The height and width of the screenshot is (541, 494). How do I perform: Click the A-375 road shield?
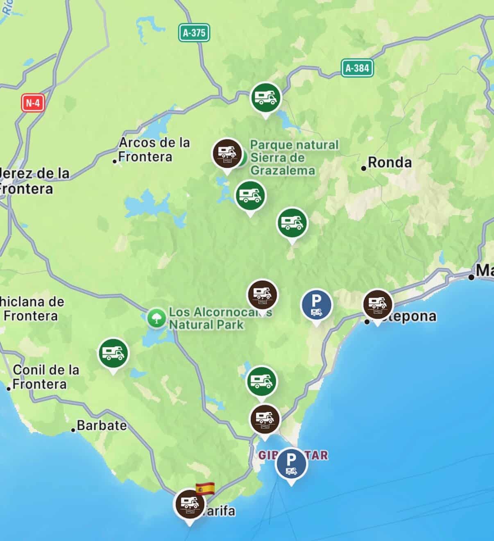point(194,33)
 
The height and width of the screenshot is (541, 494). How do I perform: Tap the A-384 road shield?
point(357,68)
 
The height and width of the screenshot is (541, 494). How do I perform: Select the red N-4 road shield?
point(33,102)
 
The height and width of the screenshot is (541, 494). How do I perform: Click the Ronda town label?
point(390,162)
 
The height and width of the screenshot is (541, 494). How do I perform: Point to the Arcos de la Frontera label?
point(153,150)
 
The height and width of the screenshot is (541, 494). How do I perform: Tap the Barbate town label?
point(102,425)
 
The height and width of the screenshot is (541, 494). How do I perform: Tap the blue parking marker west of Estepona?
point(316,305)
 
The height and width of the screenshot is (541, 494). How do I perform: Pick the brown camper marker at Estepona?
point(378,305)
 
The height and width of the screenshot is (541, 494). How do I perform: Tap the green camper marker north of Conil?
point(113,353)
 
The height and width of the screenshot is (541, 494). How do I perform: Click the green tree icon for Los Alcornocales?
point(156,318)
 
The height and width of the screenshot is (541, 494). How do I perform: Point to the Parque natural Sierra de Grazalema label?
point(294,157)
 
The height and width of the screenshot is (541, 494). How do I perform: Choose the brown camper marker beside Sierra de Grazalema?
point(227,153)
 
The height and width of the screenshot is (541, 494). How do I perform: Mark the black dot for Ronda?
point(363,168)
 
